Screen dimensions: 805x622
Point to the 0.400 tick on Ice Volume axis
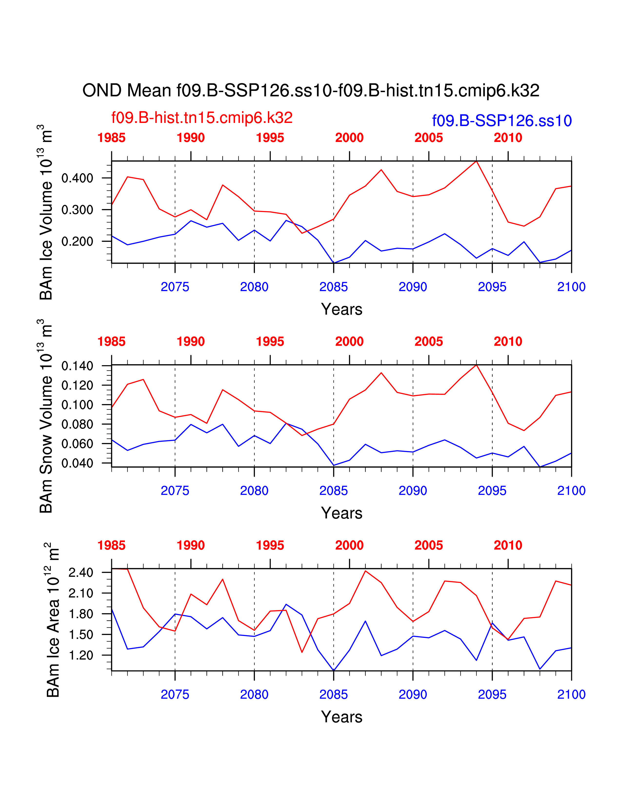pyautogui.click(x=77, y=178)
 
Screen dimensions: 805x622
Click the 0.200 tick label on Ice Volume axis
pyautogui.click(x=77, y=241)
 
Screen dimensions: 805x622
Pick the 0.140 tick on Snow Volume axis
pyautogui.click(x=77, y=366)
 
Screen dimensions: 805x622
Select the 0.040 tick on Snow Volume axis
pyautogui.click(x=77, y=463)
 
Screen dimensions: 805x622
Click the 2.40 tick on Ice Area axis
pyautogui.click(x=81, y=573)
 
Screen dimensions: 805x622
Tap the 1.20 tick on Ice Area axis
pyautogui.click(x=81, y=655)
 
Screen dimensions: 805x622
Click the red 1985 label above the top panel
pyautogui.click(x=111, y=138)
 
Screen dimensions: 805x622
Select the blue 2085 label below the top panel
pyautogui.click(x=333, y=287)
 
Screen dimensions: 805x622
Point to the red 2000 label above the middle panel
pyautogui.click(x=349, y=342)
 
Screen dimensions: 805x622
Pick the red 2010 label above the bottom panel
pyautogui.click(x=508, y=545)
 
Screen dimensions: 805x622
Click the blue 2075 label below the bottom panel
pyautogui.click(x=175, y=694)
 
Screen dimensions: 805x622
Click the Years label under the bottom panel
pyautogui.click(x=341, y=717)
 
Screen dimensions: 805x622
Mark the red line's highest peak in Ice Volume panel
pyautogui.click(x=476, y=161)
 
